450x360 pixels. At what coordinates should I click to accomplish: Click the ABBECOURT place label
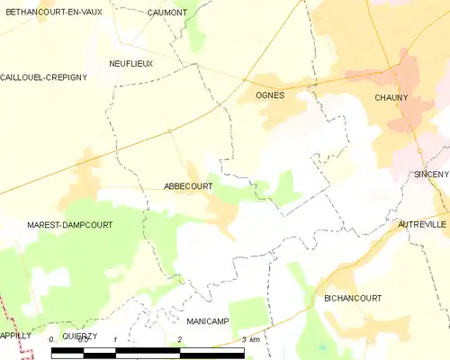[x=189, y=186]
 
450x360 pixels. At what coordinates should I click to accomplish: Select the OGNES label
[x=270, y=94]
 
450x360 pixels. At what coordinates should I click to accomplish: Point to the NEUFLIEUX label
[x=130, y=64]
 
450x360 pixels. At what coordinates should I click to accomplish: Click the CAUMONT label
[x=167, y=13]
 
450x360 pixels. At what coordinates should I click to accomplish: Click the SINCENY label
[x=431, y=174]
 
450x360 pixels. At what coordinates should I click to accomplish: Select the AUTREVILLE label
[x=422, y=224]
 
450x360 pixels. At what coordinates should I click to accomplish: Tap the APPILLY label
[x=15, y=335]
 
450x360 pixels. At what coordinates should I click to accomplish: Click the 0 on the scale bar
[x=51, y=339]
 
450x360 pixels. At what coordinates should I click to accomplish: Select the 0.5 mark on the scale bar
[x=83, y=339]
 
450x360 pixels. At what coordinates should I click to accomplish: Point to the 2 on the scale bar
[x=180, y=339]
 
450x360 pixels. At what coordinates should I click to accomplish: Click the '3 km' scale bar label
[x=250, y=339]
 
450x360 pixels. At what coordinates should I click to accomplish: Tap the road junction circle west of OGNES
[x=244, y=80]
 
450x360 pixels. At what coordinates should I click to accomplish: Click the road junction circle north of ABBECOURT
[x=169, y=131]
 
